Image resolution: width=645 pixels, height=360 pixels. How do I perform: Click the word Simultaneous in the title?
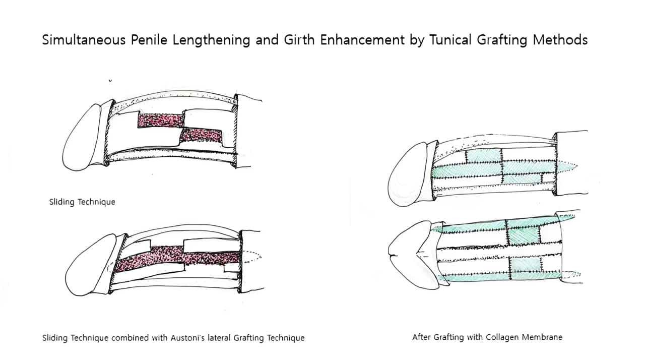pos(84,39)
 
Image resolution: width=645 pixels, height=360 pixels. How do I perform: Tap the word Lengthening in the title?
pos(211,40)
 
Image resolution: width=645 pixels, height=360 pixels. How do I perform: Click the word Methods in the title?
pos(560,39)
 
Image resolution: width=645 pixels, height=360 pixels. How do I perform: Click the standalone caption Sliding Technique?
pos(82,202)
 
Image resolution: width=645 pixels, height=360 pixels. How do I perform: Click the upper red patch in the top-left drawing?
pos(161,121)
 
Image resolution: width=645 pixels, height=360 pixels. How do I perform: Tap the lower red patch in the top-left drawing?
pos(201,136)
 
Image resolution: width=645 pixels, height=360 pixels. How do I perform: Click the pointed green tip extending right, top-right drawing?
pos(567,166)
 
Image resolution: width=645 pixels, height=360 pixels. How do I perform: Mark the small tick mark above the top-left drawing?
pos(110,81)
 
